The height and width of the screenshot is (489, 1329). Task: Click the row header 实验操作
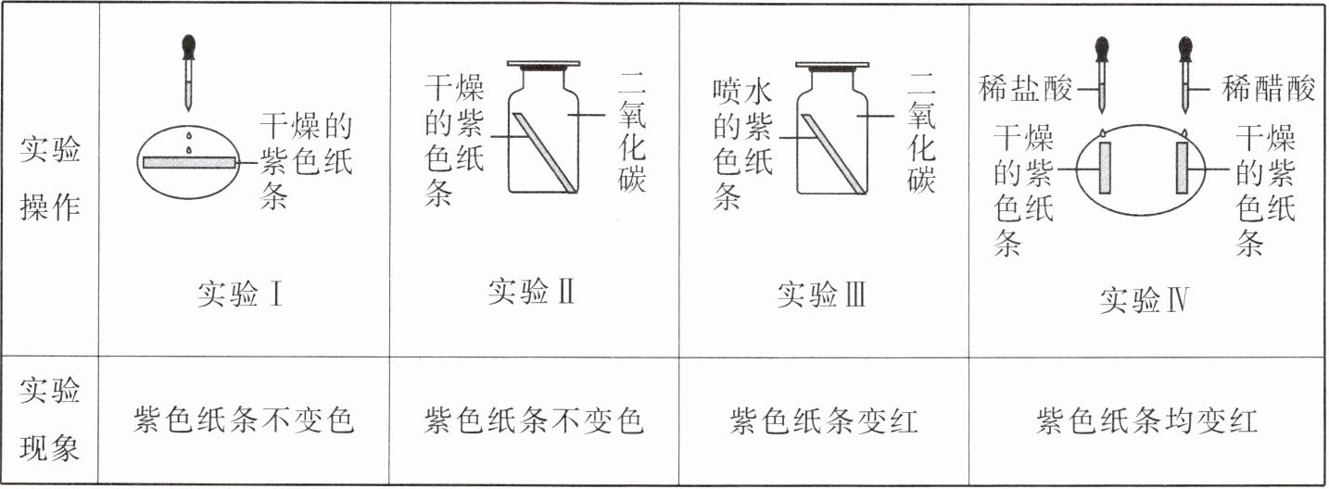coord(50,178)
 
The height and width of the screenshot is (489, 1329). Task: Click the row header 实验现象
coord(50,421)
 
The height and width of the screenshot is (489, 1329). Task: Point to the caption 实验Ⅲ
coord(821,295)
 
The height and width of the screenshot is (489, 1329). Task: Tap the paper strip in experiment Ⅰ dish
coord(189,162)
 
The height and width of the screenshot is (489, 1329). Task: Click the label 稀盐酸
coord(1025,90)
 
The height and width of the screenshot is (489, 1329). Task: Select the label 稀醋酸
coord(1268,90)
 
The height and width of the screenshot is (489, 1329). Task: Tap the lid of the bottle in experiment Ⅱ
coord(544,64)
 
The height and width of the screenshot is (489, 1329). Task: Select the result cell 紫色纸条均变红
coord(1146,422)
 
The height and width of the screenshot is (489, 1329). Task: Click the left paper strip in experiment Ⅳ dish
coord(1104,168)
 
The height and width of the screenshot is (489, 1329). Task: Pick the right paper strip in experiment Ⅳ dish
coord(1183,168)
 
